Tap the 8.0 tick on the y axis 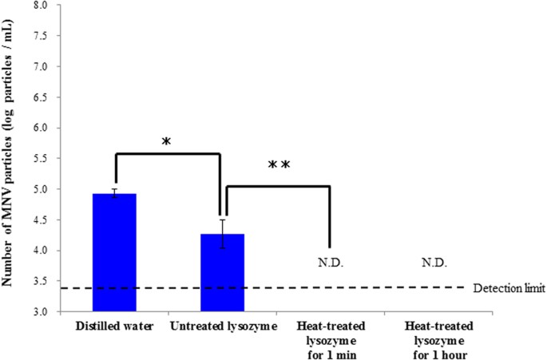coord(38,6)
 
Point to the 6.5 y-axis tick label coord(38,97)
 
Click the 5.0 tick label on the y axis coord(38,189)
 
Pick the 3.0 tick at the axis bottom coord(38,311)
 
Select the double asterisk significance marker coord(278,166)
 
